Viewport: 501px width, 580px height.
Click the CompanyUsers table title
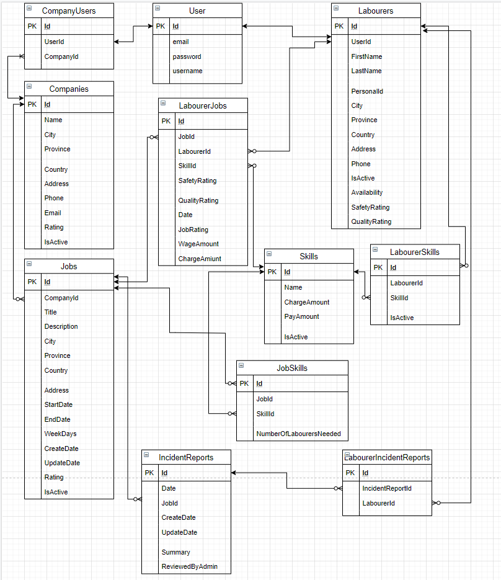[x=68, y=11]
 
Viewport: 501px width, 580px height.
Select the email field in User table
[x=180, y=42]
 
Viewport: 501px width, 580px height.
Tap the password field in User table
[x=187, y=56]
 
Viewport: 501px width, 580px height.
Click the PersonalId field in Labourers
[x=367, y=91]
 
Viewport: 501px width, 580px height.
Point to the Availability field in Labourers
[x=367, y=192]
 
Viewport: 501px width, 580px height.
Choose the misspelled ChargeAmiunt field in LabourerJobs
[x=199, y=259]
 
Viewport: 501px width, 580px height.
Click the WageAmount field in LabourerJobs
[x=198, y=244]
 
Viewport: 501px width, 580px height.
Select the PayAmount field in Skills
[x=301, y=316]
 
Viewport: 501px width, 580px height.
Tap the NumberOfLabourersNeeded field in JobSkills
[x=298, y=434]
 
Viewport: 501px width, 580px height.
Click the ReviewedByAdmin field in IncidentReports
[x=189, y=566]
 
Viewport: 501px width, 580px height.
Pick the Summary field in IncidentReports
[x=175, y=552]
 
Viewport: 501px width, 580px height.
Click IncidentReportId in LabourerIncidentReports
[x=387, y=488]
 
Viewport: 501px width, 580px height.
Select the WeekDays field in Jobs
[x=60, y=434]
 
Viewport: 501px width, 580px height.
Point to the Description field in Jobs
[x=61, y=326]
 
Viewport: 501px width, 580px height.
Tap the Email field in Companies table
[x=53, y=213]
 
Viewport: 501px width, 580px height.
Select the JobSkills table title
[x=291, y=368]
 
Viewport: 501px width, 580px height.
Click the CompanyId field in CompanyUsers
[x=61, y=56]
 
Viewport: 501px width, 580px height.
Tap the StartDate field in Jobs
[x=58, y=404]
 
